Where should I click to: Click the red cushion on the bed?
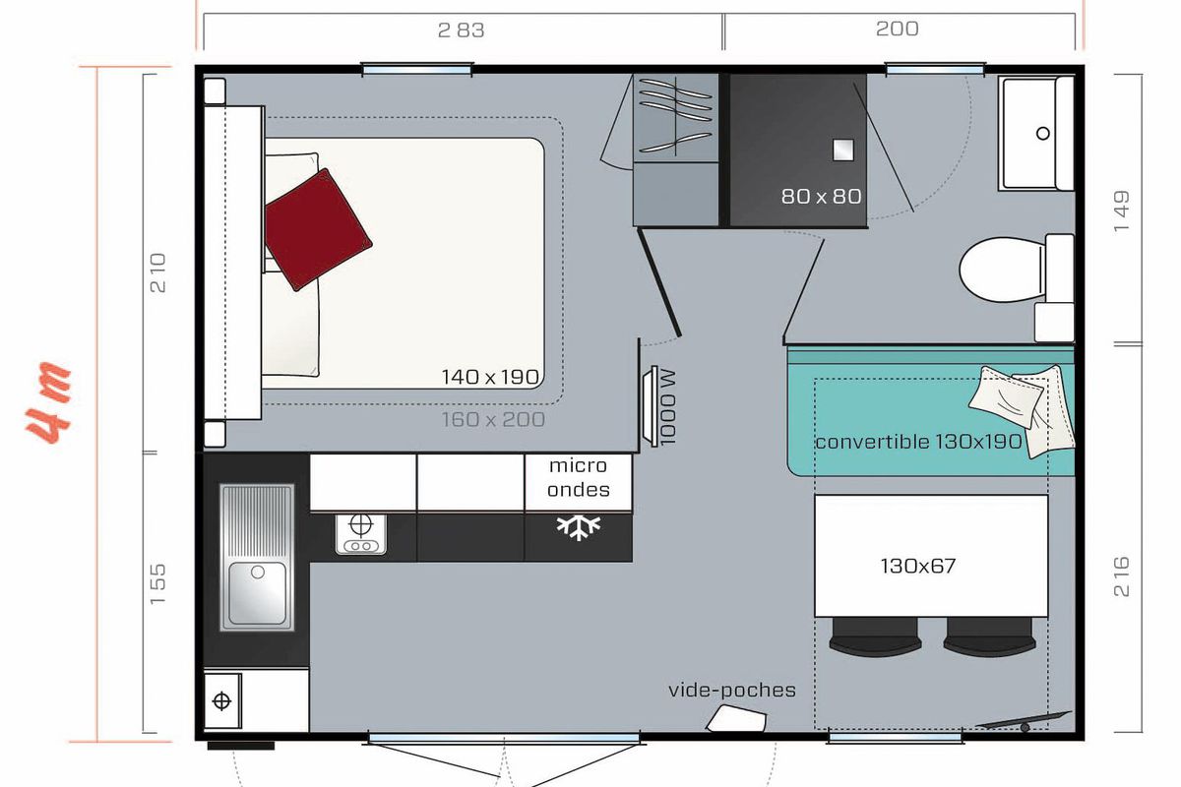coord(318,230)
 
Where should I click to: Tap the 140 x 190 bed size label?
coord(490,377)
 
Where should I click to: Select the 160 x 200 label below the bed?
coord(493,420)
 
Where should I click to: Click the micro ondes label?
coord(579,477)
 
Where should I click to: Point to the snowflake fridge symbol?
coord(579,527)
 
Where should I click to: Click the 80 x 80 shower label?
coord(821,197)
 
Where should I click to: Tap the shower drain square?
coord(843,150)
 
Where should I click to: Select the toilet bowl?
coord(1002,270)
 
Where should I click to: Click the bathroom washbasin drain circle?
coord(1042,134)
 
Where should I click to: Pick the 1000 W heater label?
coord(667,406)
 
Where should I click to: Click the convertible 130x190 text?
coord(918,441)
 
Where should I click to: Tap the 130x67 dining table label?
coord(918,566)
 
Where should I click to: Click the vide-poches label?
coord(732,690)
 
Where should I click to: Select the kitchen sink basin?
coord(258,593)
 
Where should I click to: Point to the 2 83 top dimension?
coord(461,30)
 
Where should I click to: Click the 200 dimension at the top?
coord(897,29)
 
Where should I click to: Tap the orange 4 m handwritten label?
coord(48,402)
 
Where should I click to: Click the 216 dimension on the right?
coord(1121,576)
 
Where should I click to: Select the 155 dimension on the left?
coord(157,584)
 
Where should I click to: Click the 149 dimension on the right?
coord(1121,211)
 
